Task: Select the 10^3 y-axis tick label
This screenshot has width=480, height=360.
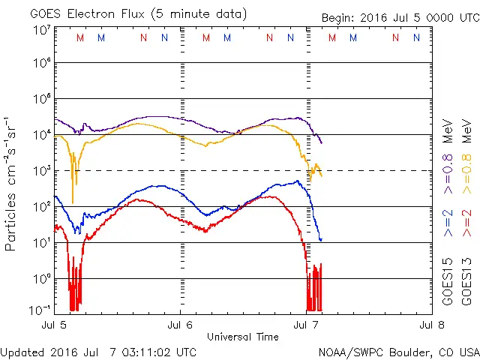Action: pos(40,171)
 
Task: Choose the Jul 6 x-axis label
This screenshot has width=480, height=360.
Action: pos(181,325)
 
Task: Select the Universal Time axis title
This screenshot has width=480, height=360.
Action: pos(243,337)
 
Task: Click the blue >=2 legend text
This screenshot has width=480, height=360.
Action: pos(448,223)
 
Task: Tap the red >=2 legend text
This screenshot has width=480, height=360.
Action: pos(466,223)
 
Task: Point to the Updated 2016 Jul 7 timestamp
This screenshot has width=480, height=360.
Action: pos(99,352)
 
